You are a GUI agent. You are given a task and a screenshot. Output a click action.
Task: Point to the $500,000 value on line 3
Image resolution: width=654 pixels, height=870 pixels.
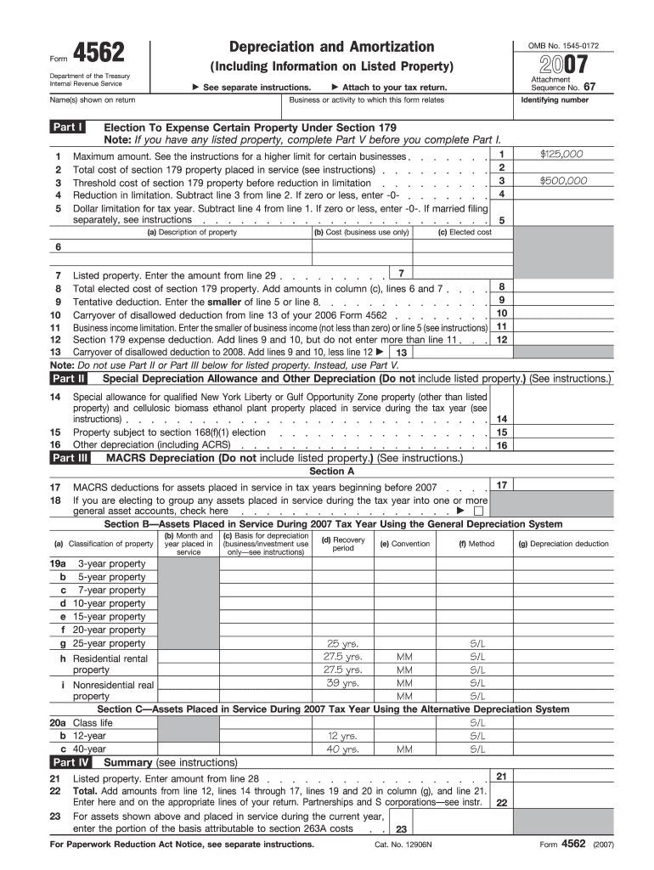click(x=562, y=180)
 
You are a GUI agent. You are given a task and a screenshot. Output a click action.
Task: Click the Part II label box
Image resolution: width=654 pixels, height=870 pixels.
click(x=69, y=378)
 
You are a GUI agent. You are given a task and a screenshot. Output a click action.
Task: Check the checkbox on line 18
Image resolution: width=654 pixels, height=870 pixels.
click(x=479, y=511)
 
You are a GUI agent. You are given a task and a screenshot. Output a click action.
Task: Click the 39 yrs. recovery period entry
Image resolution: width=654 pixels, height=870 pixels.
click(x=342, y=682)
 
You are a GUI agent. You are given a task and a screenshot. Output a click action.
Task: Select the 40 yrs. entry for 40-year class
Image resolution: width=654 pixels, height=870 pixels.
click(x=342, y=749)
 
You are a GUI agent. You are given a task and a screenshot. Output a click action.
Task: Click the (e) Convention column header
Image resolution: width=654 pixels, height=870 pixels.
click(x=405, y=544)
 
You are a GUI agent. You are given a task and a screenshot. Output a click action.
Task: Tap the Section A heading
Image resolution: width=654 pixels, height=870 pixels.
click(x=332, y=471)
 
